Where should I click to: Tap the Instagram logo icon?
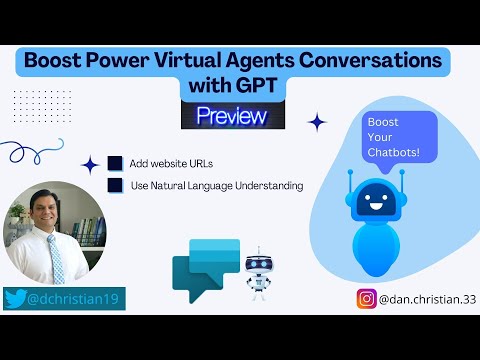click(x=367, y=297)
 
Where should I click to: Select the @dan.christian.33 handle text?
click(x=424, y=297)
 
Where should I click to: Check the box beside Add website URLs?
click(x=116, y=162)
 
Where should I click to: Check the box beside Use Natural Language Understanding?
click(x=116, y=185)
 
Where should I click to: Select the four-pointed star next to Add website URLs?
click(x=90, y=164)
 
